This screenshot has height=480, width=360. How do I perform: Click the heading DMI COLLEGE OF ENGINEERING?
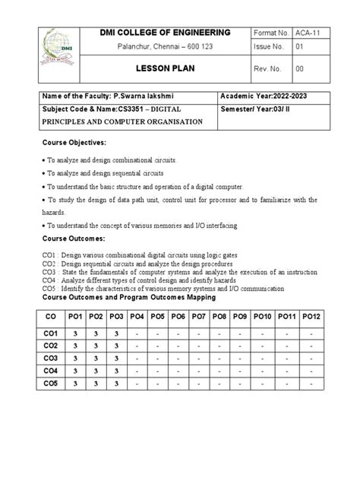pos(165,33)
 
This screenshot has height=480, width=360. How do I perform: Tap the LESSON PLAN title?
pos(165,67)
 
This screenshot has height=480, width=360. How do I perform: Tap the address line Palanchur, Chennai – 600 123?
pos(165,49)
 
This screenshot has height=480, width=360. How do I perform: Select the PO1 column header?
pos(75,315)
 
